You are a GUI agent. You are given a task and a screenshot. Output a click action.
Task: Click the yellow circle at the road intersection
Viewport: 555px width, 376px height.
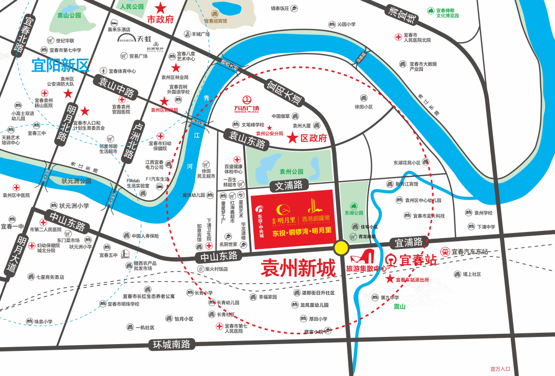click(341, 248)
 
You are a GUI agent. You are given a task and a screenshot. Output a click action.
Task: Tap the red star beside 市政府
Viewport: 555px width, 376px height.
click(161, 8)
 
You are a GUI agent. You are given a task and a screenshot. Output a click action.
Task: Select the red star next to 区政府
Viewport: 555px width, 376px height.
click(292, 138)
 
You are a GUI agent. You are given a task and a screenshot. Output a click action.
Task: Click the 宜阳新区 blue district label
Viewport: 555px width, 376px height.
click(60, 65)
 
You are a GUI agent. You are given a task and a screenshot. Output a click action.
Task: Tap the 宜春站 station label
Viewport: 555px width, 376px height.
click(417, 260)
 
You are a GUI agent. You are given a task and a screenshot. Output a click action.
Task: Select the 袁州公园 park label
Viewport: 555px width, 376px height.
click(291, 171)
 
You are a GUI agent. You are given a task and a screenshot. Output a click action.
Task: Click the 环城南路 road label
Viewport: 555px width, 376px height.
click(172, 344)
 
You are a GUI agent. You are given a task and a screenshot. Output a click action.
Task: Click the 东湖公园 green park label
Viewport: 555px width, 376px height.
click(354, 212)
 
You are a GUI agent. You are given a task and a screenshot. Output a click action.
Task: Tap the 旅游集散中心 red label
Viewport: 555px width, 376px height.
click(366, 268)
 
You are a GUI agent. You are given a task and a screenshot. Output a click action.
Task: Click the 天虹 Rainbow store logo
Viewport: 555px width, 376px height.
click(138, 39)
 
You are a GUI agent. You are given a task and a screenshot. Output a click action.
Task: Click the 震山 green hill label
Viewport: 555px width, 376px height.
click(399, 307)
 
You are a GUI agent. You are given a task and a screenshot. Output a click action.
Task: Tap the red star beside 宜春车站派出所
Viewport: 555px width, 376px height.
click(390, 279)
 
